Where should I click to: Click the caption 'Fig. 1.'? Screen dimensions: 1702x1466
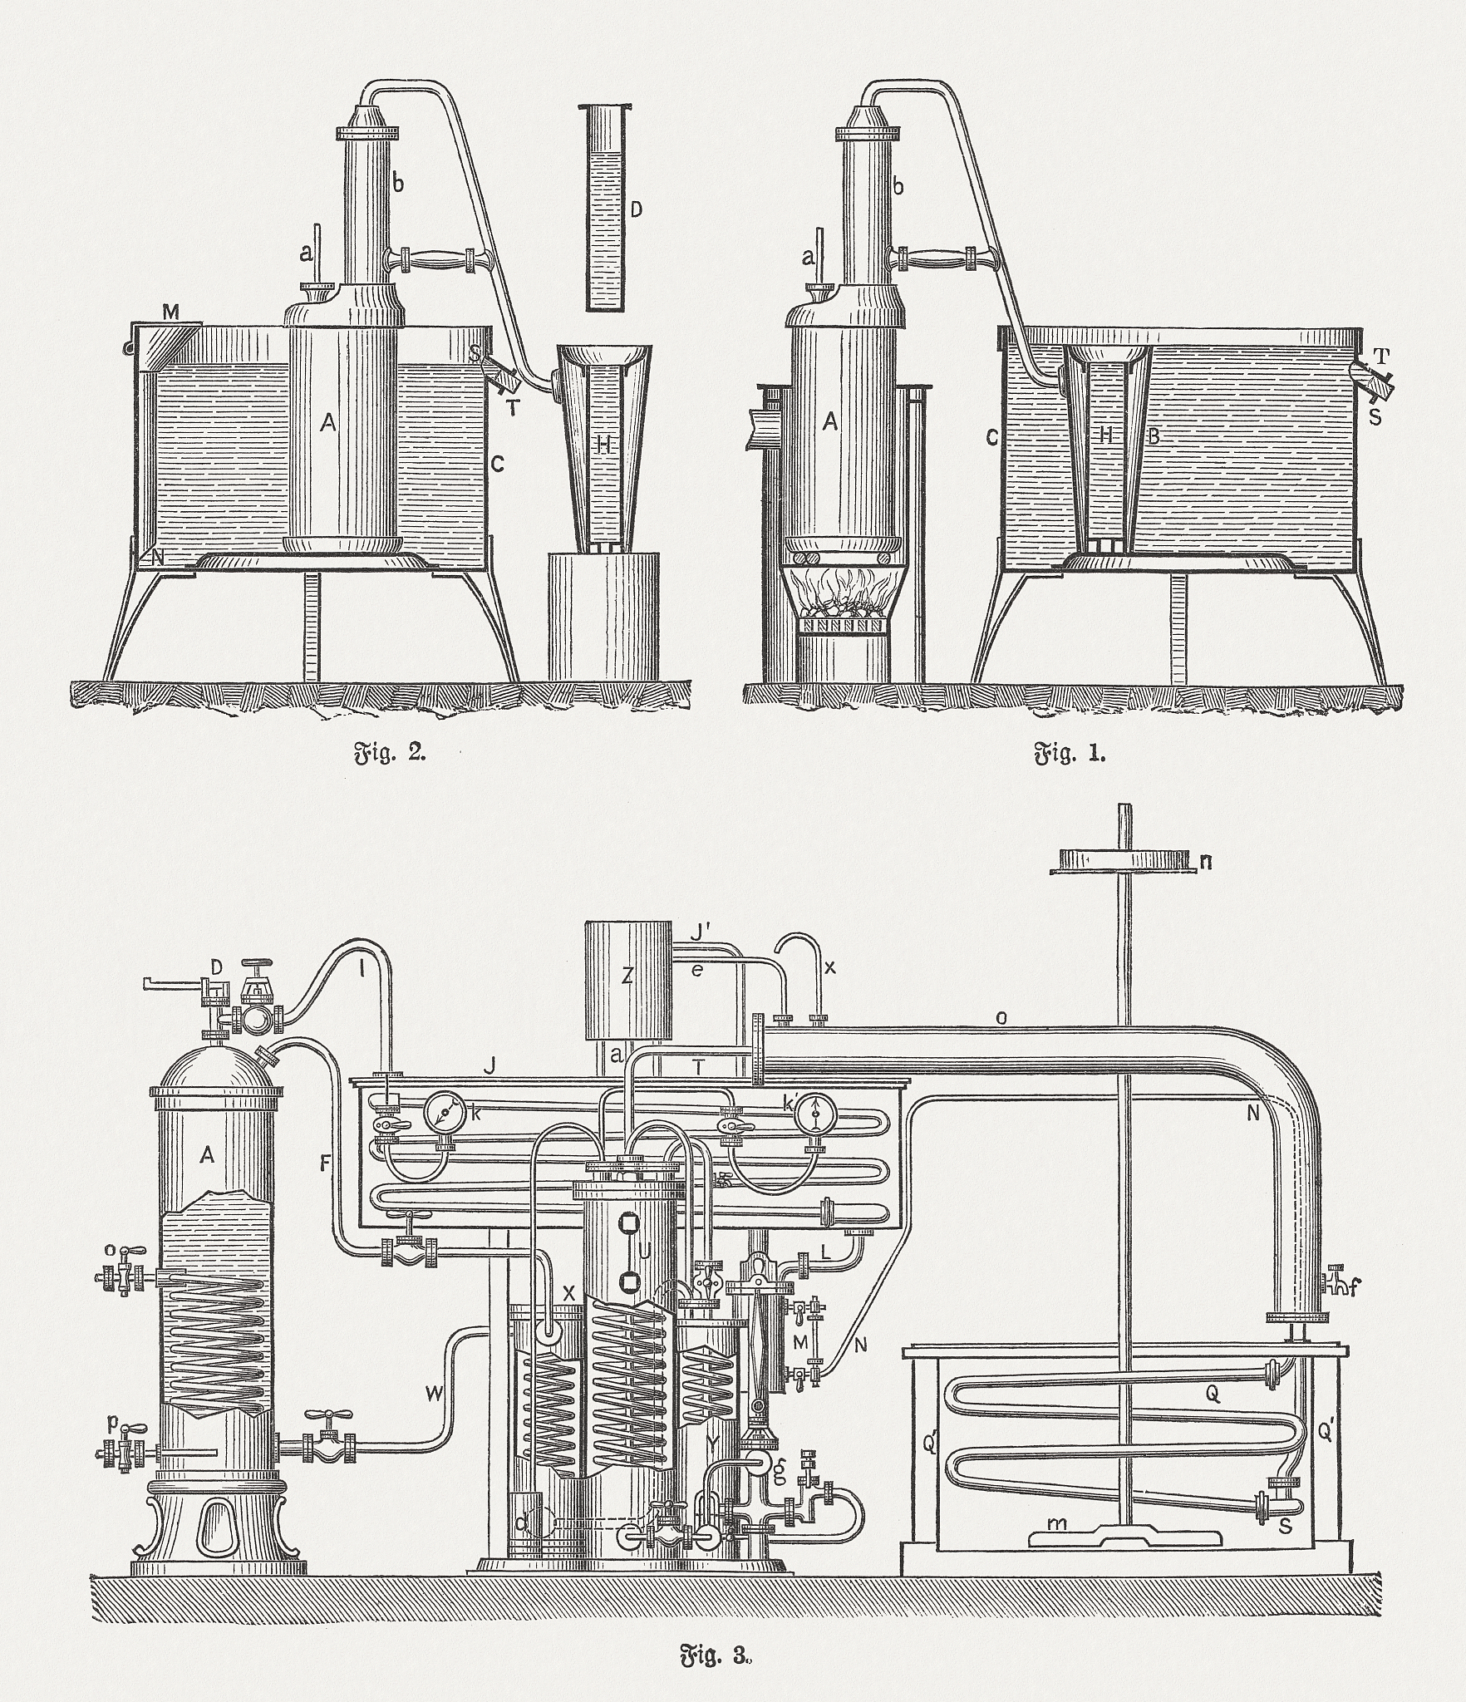point(1070,755)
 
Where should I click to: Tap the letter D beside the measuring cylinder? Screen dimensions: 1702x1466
point(637,209)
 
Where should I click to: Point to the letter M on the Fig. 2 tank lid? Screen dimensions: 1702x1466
point(171,312)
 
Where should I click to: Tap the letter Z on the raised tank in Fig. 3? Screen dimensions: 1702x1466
point(627,977)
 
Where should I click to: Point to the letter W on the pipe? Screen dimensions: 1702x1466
point(434,1395)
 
